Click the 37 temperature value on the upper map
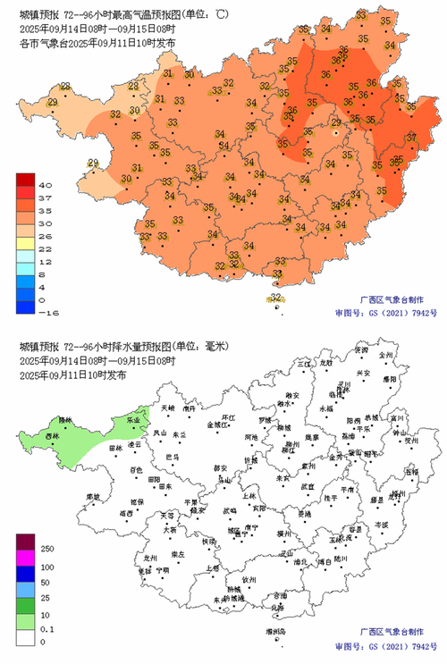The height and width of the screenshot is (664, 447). click(x=412, y=137)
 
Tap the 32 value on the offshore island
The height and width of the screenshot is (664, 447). click(x=276, y=298)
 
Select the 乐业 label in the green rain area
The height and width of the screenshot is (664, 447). click(x=133, y=418)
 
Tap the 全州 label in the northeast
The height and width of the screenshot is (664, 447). click(x=386, y=355)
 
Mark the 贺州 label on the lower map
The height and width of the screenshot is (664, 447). click(x=410, y=440)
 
